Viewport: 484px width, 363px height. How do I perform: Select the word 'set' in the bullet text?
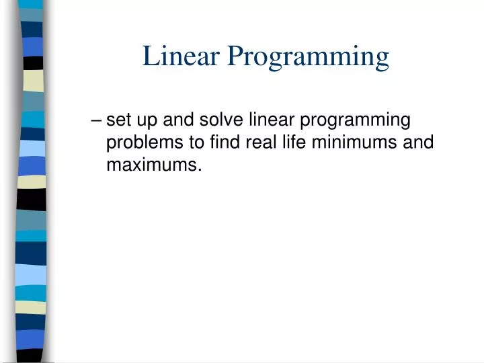(118, 120)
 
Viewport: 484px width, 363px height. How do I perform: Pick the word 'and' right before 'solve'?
(175, 120)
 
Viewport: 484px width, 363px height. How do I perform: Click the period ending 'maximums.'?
(200, 169)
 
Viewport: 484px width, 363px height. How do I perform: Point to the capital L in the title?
(149, 56)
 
